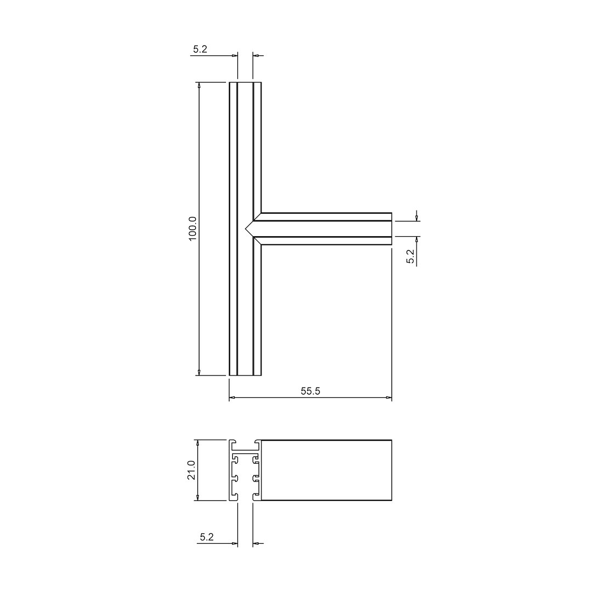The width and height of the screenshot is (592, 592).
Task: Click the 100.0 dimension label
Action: pyautogui.click(x=192, y=229)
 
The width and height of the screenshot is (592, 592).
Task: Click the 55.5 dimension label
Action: pyautogui.click(x=310, y=391)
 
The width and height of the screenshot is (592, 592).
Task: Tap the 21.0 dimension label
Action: pyautogui.click(x=192, y=470)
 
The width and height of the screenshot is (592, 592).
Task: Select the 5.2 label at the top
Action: pyautogui.click(x=200, y=49)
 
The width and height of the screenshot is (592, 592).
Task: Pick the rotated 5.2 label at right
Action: pyautogui.click(x=411, y=257)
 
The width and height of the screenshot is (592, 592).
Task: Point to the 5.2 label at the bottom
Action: pyautogui.click(x=207, y=537)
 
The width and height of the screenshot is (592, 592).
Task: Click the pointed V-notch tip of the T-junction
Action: pyautogui.click(x=246, y=229)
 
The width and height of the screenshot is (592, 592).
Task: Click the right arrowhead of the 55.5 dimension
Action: pyautogui.click(x=389, y=397)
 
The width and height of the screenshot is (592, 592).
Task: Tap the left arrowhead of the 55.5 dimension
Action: pyautogui.click(x=232, y=397)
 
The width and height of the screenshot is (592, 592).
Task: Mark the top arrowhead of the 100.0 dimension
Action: pyautogui.click(x=198, y=86)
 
